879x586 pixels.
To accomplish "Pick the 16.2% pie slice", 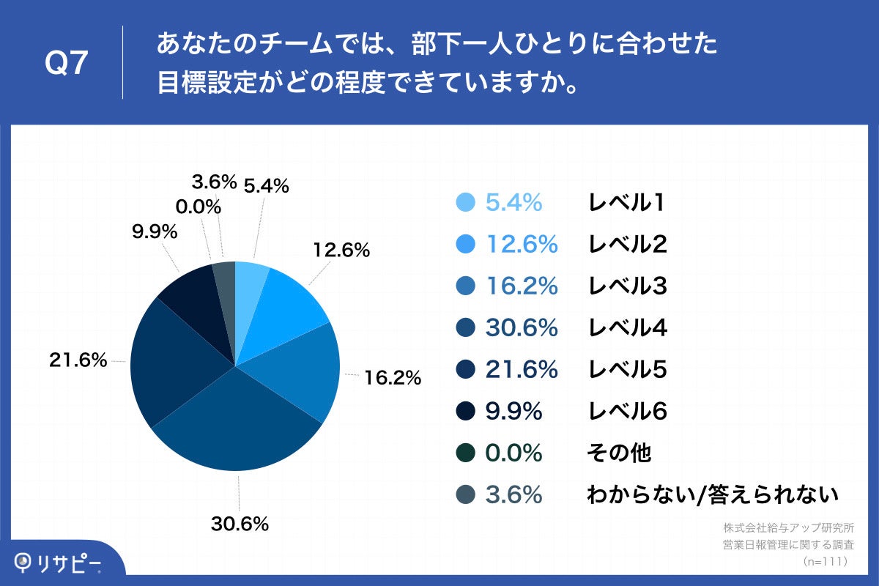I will [x=300, y=366].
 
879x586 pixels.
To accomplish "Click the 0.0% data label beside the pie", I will [x=198, y=207].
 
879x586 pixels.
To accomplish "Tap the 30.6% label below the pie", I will [x=240, y=524].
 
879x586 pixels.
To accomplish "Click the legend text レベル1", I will [x=626, y=203].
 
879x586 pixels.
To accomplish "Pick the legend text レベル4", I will [x=628, y=328].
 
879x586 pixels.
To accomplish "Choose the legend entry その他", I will [x=618, y=453].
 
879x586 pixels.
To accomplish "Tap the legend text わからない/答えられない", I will [x=711, y=495].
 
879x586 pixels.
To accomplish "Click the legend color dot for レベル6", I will [x=465, y=412].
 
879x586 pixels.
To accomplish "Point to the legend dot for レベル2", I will [x=465, y=245].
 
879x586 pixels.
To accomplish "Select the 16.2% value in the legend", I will [x=522, y=286].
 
